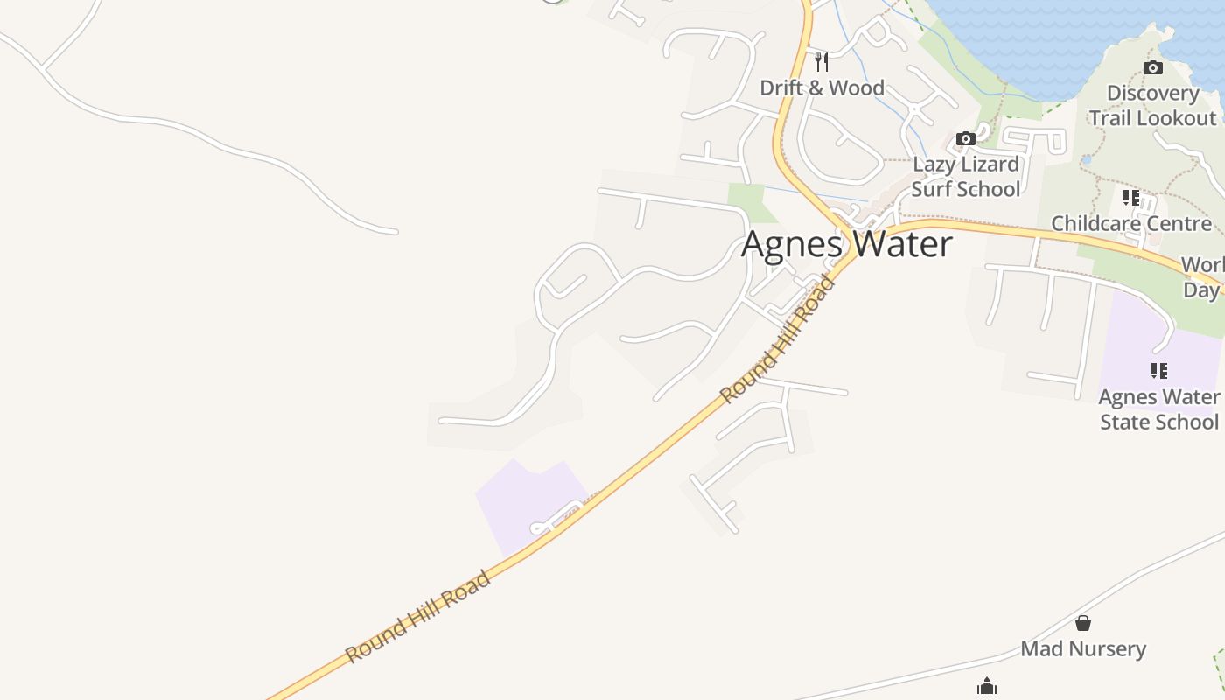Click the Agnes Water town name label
846,244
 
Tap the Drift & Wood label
822,87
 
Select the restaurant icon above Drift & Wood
821,61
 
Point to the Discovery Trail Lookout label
1152,105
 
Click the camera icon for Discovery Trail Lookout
1153,67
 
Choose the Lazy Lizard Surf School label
966,176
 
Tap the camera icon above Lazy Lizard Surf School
966,138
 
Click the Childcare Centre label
1131,223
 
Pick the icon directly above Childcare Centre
1131,198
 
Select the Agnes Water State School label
1158,409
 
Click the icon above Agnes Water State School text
1159,371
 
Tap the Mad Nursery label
1083,648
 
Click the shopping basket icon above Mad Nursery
1083,623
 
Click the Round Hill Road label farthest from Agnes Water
417,616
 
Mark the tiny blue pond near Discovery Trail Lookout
1086,160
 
